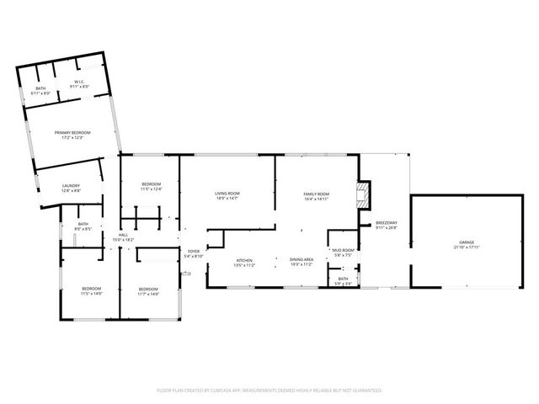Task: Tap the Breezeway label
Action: tap(385, 225)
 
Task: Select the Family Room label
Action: tap(316, 197)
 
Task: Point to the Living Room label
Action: tap(227, 196)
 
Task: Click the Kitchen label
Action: tap(244, 263)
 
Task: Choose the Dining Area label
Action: tap(302, 262)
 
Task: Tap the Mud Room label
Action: tap(342, 252)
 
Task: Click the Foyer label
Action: tap(194, 253)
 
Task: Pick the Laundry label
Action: tap(71, 189)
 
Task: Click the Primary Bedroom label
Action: tap(72, 135)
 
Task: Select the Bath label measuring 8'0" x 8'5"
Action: tap(83, 226)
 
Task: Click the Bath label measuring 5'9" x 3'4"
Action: tap(343, 280)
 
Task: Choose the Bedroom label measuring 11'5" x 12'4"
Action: tap(151, 186)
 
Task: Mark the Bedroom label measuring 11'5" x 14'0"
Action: tap(91, 291)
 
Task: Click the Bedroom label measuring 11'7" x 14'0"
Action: tap(148, 291)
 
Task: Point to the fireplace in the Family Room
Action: tap(363, 195)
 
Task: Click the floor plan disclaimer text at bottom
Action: tap(269, 391)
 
